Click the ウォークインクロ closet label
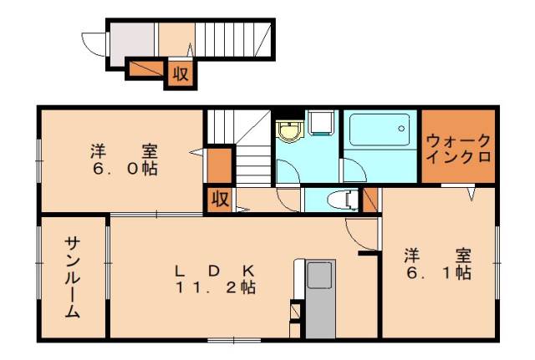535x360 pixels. [x=456, y=147]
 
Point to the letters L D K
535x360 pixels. [x=214, y=271]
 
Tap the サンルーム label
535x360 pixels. [x=73, y=276]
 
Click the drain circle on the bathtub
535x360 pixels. [x=402, y=129]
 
